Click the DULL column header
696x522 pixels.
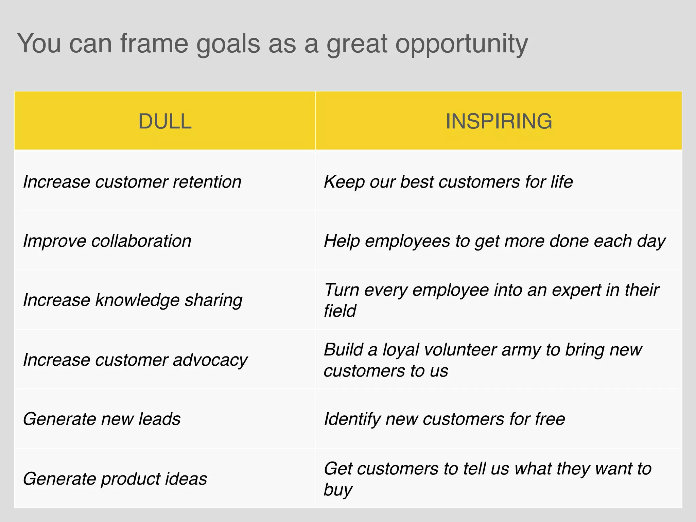point(165,121)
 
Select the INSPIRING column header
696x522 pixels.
point(499,121)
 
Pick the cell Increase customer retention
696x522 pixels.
point(132,181)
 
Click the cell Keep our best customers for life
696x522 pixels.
point(448,181)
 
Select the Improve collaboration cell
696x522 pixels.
point(107,241)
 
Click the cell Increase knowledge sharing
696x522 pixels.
point(133,300)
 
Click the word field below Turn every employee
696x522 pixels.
point(340,311)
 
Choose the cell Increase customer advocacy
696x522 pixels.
point(135,360)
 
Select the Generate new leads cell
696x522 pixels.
point(102,419)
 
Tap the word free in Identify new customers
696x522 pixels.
point(550,419)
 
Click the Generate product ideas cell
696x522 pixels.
point(115,478)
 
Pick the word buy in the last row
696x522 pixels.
point(337,490)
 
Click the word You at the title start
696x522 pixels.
point(39,43)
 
